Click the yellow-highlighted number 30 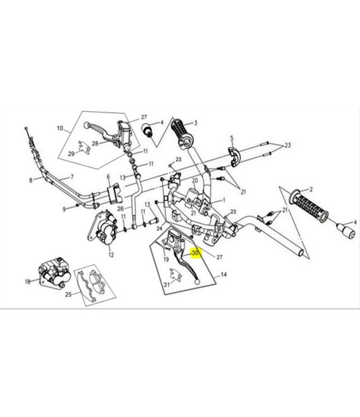[x=195, y=253]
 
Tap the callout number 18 [x=28, y=281]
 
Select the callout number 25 [x=69, y=294]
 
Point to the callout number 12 [x=111, y=255]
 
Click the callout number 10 [x=60, y=128]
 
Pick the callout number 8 [x=31, y=180]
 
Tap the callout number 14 [x=224, y=274]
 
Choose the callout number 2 [x=311, y=190]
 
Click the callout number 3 [x=196, y=123]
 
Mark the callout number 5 [x=232, y=138]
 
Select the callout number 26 [x=121, y=208]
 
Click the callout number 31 [x=167, y=284]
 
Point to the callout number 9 [x=64, y=209]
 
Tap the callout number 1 [x=224, y=200]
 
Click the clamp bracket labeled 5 [x=234, y=157]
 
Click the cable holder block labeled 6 [x=114, y=194]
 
